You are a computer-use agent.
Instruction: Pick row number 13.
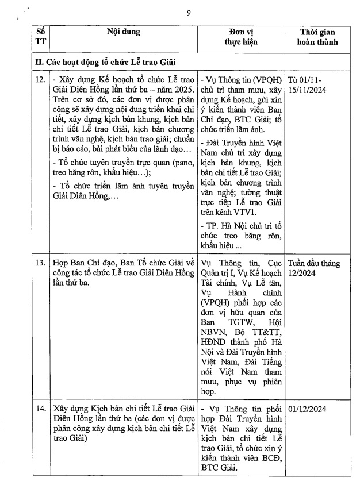click(x=40, y=263)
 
